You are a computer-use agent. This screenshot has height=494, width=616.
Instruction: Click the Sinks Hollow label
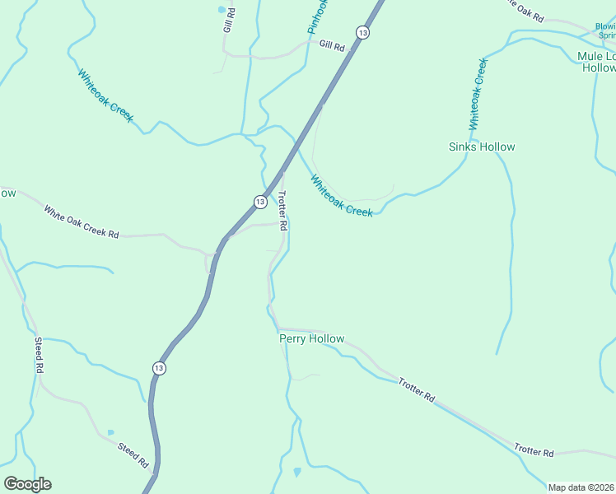[x=482, y=147]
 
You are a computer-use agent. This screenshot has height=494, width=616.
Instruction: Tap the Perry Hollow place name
[x=311, y=338]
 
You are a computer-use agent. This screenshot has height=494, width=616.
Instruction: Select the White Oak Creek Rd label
[x=82, y=223]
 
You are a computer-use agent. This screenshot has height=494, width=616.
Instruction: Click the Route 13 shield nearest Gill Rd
[x=362, y=32]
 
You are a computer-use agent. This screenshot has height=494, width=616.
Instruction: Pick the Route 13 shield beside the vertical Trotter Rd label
[x=259, y=201]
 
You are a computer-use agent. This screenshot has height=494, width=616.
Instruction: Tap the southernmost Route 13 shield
[x=159, y=368]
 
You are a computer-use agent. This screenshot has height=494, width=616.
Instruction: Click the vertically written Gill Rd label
[x=229, y=21]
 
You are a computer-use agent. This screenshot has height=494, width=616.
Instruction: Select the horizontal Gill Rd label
[x=331, y=46]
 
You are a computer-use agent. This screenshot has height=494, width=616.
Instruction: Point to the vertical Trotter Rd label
[x=282, y=211]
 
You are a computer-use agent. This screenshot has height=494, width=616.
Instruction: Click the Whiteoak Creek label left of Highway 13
[x=105, y=96]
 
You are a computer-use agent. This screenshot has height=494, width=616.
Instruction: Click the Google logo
[x=27, y=484]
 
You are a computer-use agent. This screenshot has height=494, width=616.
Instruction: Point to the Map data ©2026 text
[x=581, y=487]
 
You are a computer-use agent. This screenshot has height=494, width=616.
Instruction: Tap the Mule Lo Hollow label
[x=597, y=62]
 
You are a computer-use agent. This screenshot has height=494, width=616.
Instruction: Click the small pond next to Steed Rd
[x=111, y=432]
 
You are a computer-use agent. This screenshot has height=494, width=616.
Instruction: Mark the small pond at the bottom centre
[x=297, y=473]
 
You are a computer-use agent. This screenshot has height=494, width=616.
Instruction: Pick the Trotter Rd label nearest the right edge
[x=534, y=451]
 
